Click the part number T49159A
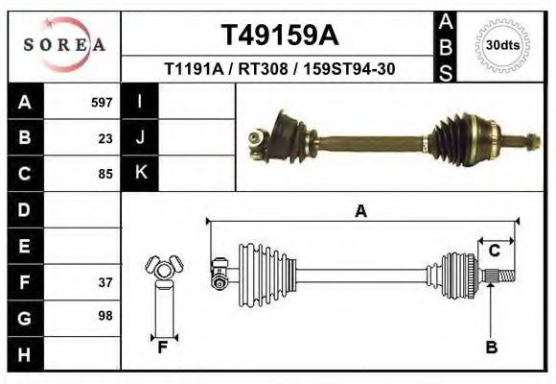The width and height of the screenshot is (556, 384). pyautogui.click(x=279, y=36)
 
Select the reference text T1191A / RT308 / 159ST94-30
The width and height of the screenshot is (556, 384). pyautogui.click(x=279, y=70)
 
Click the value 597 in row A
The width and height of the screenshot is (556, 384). pyautogui.click(x=102, y=102)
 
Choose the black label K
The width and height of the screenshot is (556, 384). pyautogui.click(x=140, y=173)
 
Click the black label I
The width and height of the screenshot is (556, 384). pyautogui.click(x=140, y=101)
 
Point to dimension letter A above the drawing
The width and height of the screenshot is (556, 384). pyautogui.click(x=361, y=211)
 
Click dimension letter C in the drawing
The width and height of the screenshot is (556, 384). pyautogui.click(x=495, y=252)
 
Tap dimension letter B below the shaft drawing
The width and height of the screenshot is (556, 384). pyautogui.click(x=492, y=348)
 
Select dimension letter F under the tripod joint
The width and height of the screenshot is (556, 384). pyautogui.click(x=163, y=348)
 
